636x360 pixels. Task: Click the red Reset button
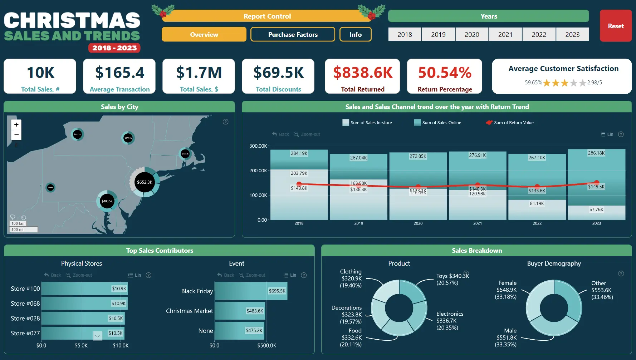click(615, 26)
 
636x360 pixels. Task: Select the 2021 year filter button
click(505, 34)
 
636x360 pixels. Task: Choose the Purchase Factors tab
click(293, 34)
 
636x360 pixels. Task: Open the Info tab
click(355, 34)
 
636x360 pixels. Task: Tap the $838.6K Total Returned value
click(363, 73)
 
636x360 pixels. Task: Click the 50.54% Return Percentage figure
click(445, 73)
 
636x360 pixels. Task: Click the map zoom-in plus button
click(16, 124)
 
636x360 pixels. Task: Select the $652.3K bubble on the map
click(145, 182)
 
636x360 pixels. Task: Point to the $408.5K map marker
click(107, 201)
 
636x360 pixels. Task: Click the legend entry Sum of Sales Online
click(441, 123)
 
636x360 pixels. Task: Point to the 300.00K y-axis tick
click(258, 146)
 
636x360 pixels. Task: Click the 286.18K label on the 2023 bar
click(596, 153)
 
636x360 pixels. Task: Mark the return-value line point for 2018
click(299, 184)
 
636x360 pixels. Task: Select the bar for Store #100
click(84, 289)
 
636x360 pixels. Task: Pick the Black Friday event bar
click(250, 291)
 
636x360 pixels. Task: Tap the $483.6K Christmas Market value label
click(255, 311)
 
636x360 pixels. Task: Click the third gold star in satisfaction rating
click(564, 83)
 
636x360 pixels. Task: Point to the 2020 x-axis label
click(418, 223)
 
